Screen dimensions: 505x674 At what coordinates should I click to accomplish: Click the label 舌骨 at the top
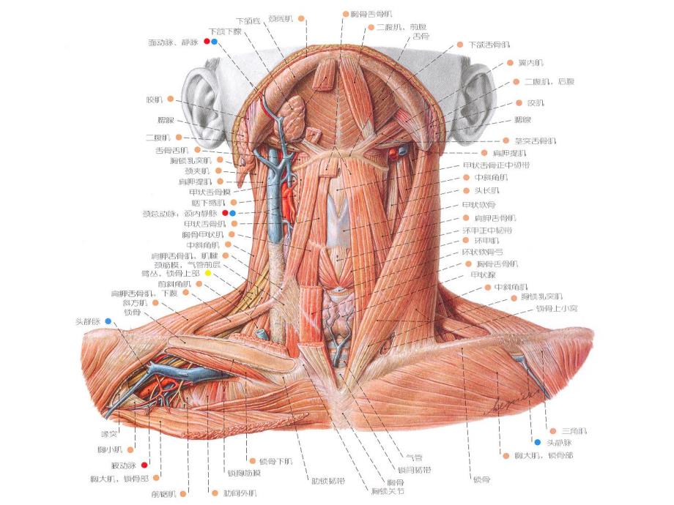click(x=421, y=36)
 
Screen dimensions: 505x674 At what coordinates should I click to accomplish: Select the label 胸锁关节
click(x=387, y=490)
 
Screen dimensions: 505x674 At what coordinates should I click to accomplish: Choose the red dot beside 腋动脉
click(x=144, y=465)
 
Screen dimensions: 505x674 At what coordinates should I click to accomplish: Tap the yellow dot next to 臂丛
click(x=208, y=273)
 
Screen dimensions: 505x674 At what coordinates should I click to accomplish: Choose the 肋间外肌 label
click(x=242, y=493)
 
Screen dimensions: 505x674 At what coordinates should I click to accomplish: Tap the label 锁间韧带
click(x=412, y=468)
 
